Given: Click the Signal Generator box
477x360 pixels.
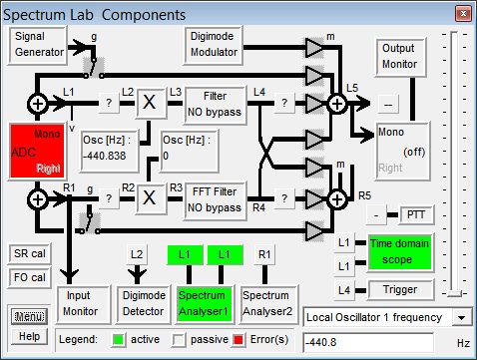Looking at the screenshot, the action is pos(38,45).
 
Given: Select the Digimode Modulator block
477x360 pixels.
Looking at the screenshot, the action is pos(214,45).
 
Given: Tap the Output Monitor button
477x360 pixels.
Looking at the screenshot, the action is pos(401,57).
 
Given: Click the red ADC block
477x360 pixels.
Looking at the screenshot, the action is pos(37,152).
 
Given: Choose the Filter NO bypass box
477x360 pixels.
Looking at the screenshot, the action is pos(215,105).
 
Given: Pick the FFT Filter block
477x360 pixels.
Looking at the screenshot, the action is pos(215,200).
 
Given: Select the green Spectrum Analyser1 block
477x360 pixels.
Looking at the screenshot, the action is pos(204,304).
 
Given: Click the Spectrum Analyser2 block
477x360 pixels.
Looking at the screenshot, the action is pos(268,304).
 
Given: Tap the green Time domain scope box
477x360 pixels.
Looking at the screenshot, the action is pos(400,252).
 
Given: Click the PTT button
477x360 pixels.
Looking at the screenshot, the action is pos(416,215).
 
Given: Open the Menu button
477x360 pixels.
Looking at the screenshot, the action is pos(29,316).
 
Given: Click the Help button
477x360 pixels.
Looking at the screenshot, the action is pos(29,336).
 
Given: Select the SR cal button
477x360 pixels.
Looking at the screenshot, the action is pos(30,254).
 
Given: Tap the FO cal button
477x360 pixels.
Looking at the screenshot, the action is pos(30,277).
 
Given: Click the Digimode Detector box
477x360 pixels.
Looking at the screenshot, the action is pos(144,304).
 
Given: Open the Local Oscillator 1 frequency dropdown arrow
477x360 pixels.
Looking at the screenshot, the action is pos(462,318).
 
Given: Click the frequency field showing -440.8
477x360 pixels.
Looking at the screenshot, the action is pos(368,342).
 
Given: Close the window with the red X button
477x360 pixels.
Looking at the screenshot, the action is pos(463,14).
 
